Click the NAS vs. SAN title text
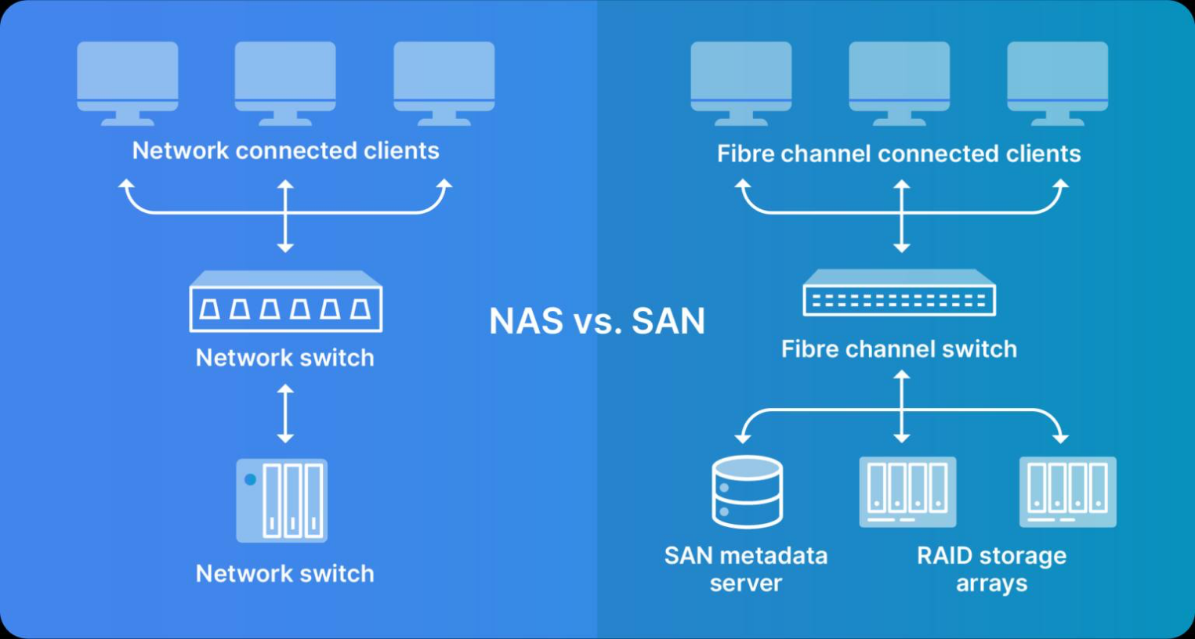click(597, 321)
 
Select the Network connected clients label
click(285, 150)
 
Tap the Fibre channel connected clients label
click(898, 153)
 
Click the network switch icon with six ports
click(285, 302)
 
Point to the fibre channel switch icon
click(899, 294)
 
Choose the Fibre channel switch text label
click(899, 349)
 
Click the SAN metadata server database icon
click(747, 492)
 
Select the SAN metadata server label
click(746, 569)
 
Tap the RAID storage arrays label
click(991, 569)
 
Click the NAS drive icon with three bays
click(282, 501)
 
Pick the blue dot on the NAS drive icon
click(250, 479)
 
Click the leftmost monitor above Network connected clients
click(128, 83)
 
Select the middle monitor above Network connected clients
click(285, 83)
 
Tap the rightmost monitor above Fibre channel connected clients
click(1057, 83)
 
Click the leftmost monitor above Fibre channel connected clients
click(741, 83)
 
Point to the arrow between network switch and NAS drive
click(285, 413)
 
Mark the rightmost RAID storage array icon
click(1067, 492)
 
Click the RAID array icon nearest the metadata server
click(907, 492)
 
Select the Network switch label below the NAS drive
click(285, 574)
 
